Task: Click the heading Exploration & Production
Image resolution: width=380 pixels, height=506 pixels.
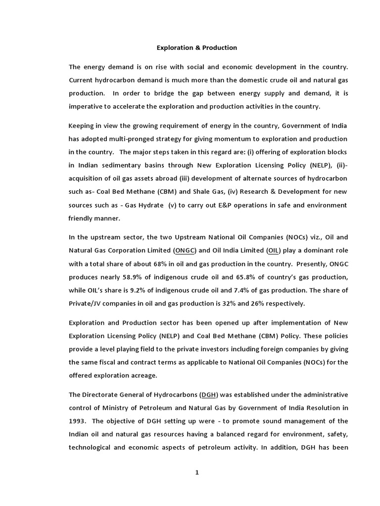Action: coord(197,48)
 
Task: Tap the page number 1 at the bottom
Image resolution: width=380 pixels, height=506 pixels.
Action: coord(196,472)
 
